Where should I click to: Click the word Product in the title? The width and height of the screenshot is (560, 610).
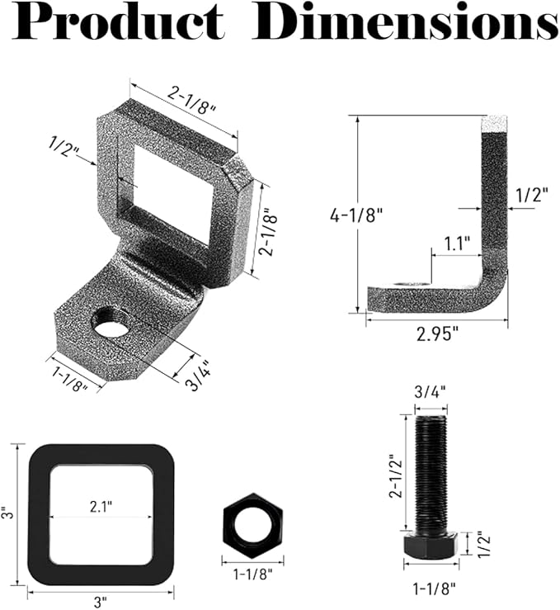pyautogui.click(x=119, y=21)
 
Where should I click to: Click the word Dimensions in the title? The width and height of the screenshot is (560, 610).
pyautogui.click(x=405, y=21)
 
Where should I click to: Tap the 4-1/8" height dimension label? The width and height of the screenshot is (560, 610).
pyautogui.click(x=356, y=215)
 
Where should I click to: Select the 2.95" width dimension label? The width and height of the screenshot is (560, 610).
pyautogui.click(x=437, y=333)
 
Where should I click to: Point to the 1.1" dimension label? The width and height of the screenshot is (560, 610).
pyautogui.click(x=457, y=244)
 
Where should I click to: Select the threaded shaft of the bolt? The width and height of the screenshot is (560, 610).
pyautogui.click(x=431, y=474)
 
